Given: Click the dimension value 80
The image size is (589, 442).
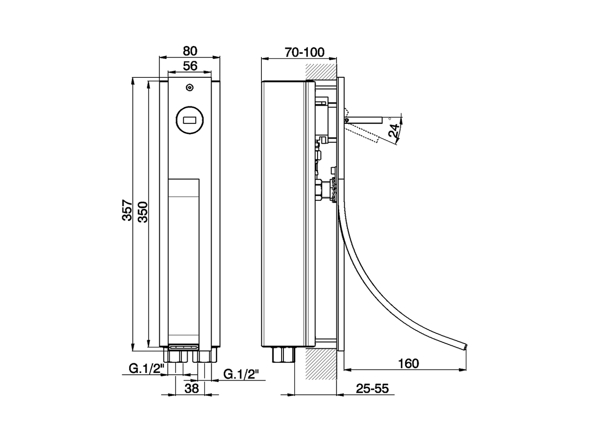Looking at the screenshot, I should point(190,50).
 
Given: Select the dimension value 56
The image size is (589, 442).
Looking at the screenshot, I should point(190,66).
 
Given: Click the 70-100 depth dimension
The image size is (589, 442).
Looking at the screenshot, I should point(304,52).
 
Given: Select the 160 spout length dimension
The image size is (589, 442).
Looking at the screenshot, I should point(408,363).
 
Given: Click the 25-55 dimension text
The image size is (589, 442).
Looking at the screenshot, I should point(372,389).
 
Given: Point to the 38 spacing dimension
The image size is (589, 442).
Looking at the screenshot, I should point(191,388).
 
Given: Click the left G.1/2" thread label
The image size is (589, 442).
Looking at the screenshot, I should point(143,368).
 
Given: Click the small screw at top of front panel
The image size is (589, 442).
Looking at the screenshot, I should point(190,87).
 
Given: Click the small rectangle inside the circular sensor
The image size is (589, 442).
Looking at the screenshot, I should point(190,121).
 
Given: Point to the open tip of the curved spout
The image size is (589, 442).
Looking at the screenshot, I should point(465,345).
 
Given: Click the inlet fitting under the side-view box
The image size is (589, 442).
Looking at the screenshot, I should point(283,355).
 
